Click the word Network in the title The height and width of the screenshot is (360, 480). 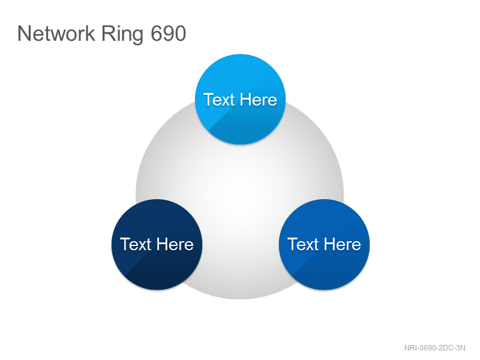click(56, 33)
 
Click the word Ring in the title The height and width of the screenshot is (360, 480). click(122, 35)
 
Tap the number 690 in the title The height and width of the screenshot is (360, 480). click(169, 34)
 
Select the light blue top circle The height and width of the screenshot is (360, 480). click(241, 99)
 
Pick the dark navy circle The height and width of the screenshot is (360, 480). click(157, 244)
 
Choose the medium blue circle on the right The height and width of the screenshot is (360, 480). click(324, 244)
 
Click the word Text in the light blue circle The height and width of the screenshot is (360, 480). click(218, 100)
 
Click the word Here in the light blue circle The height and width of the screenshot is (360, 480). click(259, 100)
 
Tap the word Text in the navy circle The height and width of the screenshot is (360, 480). click(136, 244)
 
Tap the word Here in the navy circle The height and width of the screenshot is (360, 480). click(175, 244)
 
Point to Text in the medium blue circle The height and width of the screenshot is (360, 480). click(303, 244)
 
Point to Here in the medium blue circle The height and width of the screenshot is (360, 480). click(343, 244)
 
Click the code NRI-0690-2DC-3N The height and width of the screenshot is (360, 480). click(434, 348)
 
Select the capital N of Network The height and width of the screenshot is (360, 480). click(24, 34)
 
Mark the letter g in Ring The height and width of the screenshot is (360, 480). click(138, 37)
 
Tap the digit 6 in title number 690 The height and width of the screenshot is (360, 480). click(156, 34)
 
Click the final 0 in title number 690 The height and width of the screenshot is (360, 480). click(181, 34)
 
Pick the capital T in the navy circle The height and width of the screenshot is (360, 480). click(125, 244)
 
